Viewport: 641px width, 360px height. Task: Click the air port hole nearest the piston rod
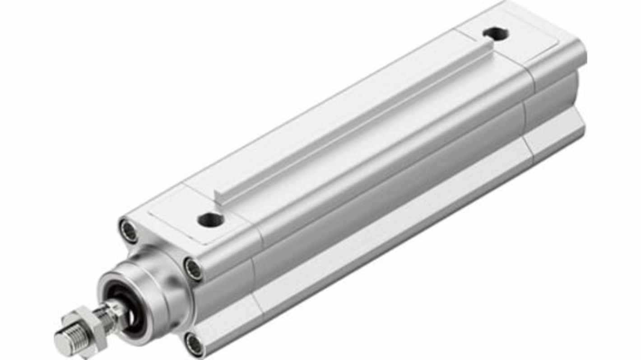point(210,220)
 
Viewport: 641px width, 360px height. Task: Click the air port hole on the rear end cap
point(495,33)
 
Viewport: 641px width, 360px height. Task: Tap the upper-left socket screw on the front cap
point(129,231)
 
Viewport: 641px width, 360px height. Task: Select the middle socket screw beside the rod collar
point(193,269)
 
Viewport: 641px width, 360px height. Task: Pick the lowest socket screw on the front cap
point(194,345)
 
